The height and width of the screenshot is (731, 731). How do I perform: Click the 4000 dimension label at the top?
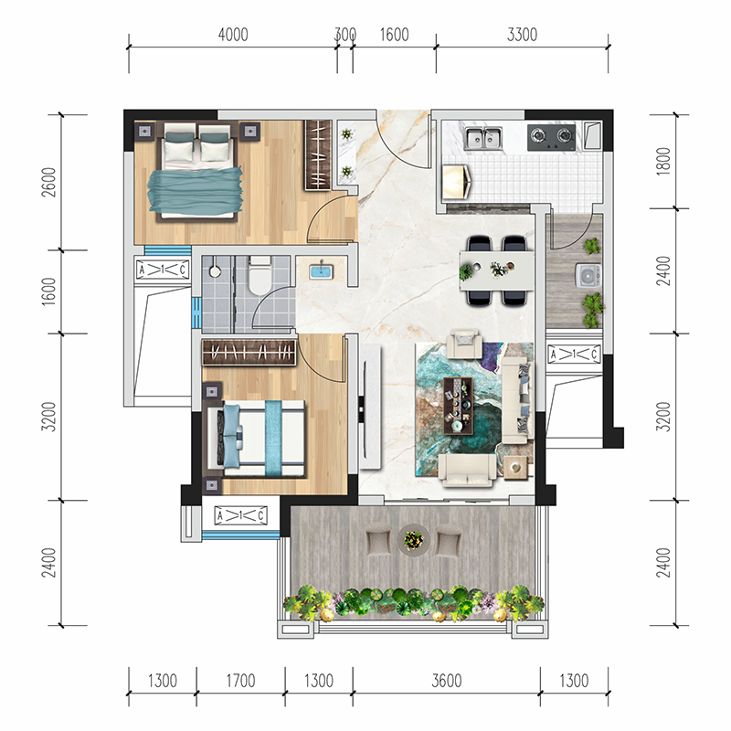pyautogui.click(x=233, y=35)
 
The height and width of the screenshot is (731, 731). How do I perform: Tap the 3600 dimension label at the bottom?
pyautogui.click(x=447, y=681)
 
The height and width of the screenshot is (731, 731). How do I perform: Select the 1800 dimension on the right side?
pyautogui.click(x=663, y=162)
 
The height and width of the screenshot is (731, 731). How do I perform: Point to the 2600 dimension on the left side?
pyautogui.click(x=48, y=182)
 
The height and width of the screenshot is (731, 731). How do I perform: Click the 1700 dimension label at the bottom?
pyautogui.click(x=240, y=681)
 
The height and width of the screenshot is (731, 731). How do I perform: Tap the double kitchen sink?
pyautogui.click(x=483, y=138)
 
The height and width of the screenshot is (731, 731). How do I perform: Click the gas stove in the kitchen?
pyautogui.click(x=552, y=137)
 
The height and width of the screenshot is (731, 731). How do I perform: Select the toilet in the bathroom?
pyautogui.click(x=260, y=277)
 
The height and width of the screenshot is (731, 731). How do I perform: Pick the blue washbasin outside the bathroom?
pyautogui.click(x=321, y=271)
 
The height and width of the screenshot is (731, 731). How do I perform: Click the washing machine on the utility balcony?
pyautogui.click(x=588, y=276)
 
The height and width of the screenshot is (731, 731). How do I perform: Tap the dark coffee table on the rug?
pyautogui.click(x=459, y=406)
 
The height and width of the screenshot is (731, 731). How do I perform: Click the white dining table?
pyautogui.click(x=496, y=270)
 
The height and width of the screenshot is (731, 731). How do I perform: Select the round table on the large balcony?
pyautogui.click(x=414, y=540)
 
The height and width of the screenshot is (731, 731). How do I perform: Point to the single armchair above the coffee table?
pyautogui.click(x=464, y=344)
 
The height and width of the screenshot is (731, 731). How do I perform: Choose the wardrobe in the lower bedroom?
pyautogui.click(x=249, y=352)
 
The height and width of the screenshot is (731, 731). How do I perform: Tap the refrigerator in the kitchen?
pyautogui.click(x=457, y=180)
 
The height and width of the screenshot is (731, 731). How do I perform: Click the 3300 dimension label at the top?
pyautogui.click(x=522, y=35)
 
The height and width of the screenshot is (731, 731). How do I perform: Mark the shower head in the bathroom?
pyautogui.click(x=215, y=271)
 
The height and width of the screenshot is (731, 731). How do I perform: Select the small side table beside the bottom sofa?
pyautogui.click(x=515, y=467)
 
